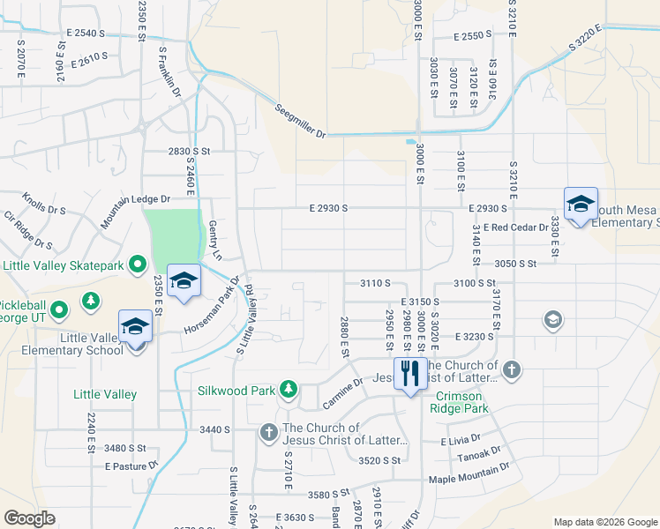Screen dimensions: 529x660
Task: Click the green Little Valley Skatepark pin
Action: pos(138,264)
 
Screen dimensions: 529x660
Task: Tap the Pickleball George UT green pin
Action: pos(58,309)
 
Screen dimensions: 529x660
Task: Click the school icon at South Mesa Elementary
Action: pos(581,205)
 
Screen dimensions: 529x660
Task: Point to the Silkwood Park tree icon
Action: pos(288,388)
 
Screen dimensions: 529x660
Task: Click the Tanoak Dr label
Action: pos(478,457)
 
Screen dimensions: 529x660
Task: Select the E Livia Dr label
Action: pos(461,438)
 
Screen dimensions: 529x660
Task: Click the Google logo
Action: pos(30,518)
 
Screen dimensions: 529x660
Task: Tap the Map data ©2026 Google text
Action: pos(604,521)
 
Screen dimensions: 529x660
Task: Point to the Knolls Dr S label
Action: pos(44,205)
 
